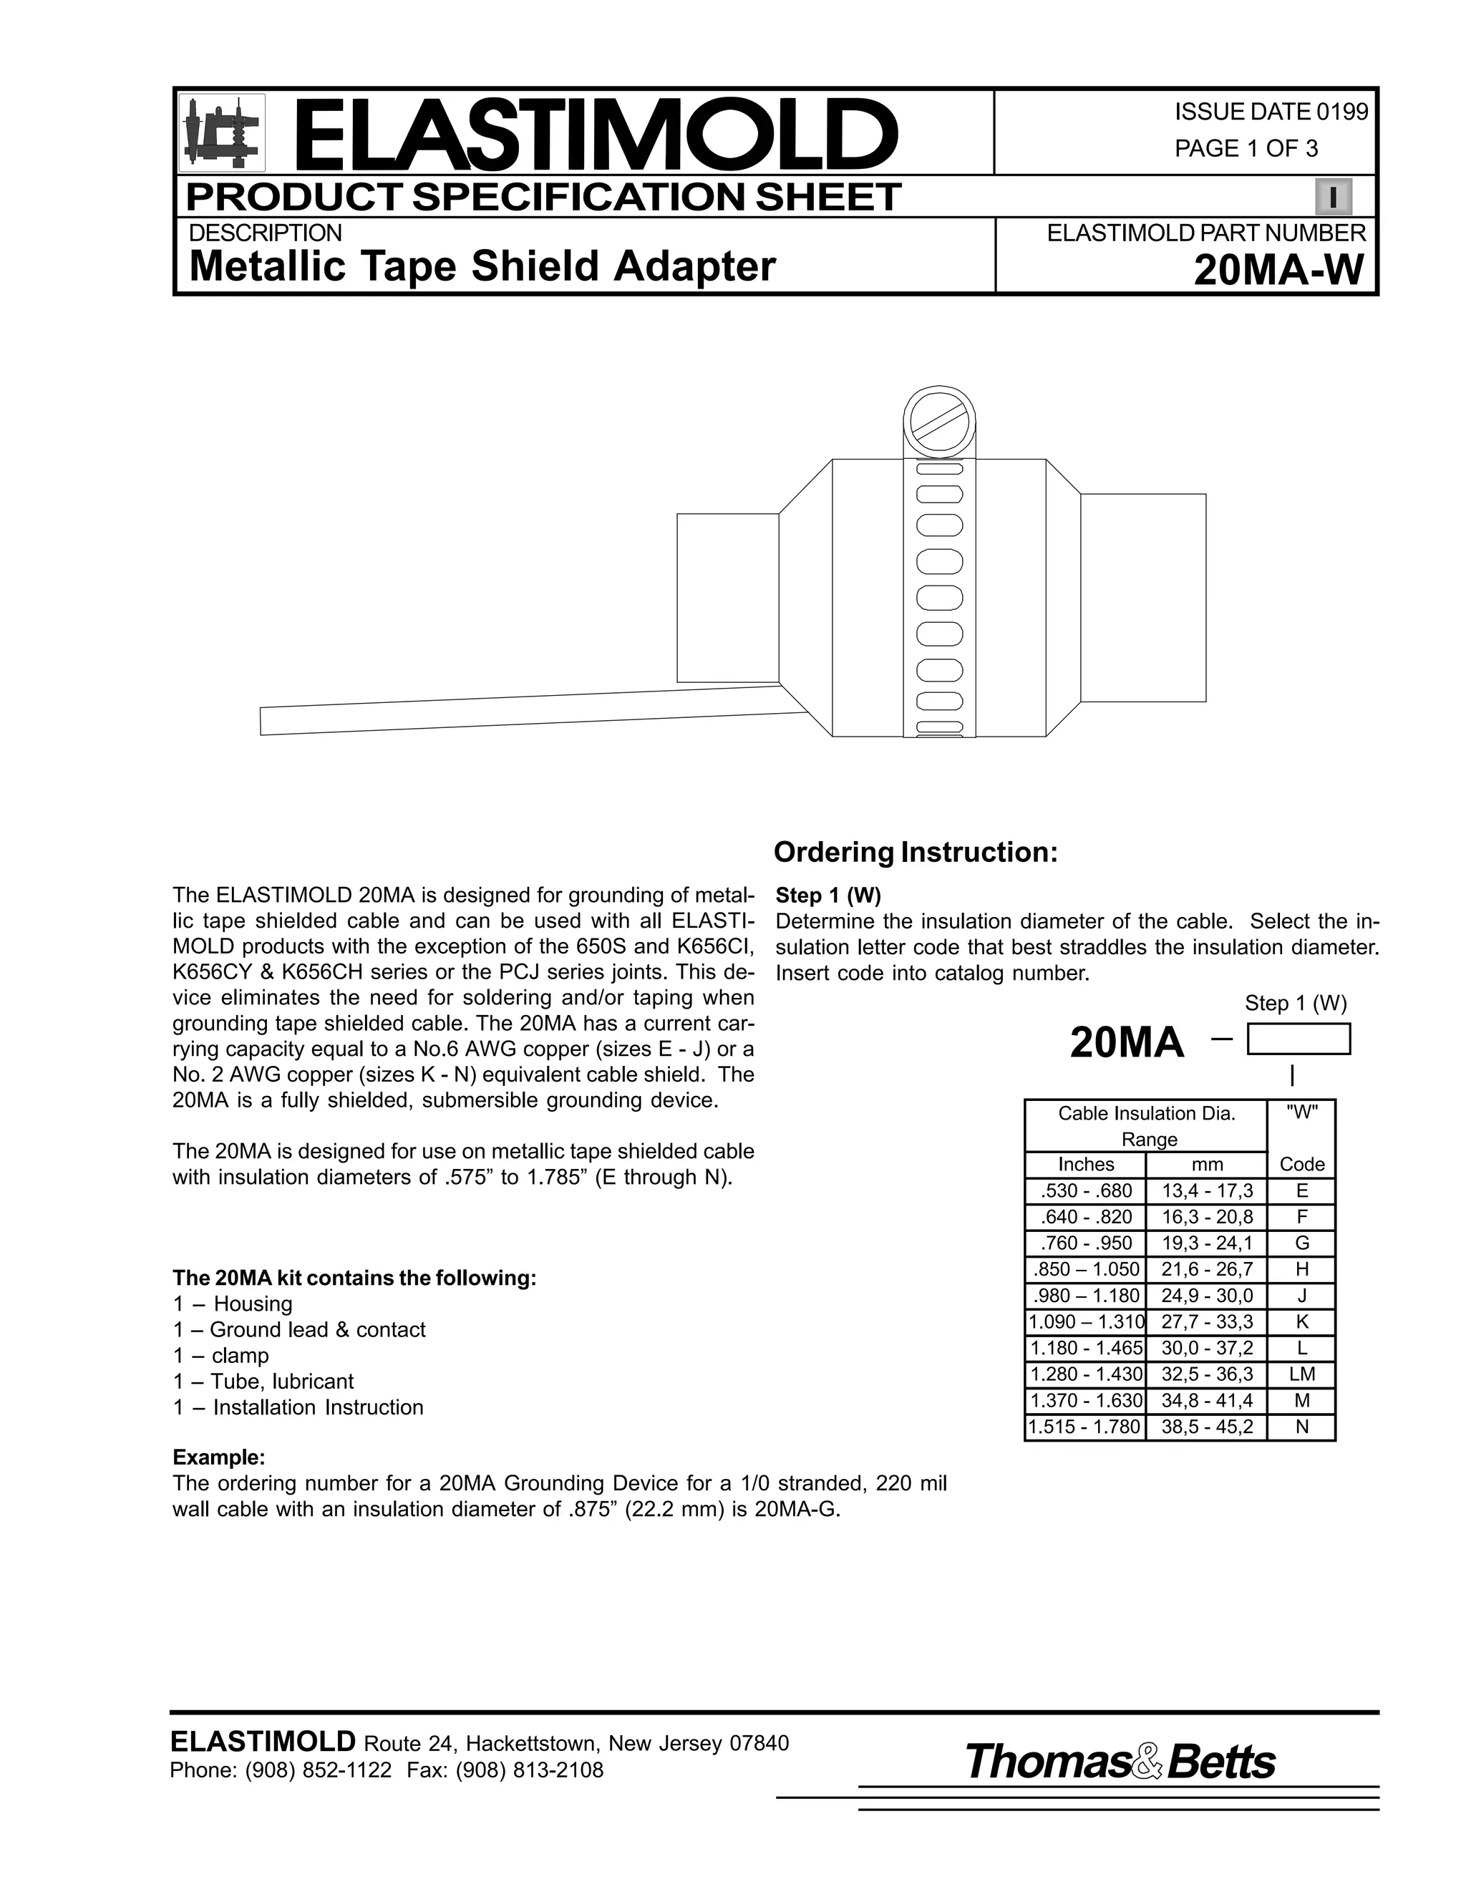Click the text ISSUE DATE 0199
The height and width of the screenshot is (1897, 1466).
(1271, 112)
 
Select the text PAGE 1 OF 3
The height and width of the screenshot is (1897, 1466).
(1246, 148)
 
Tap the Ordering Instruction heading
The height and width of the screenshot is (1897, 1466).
(916, 852)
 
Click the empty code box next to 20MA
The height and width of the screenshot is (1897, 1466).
(1298, 1039)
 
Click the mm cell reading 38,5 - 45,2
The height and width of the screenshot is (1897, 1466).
(1206, 1426)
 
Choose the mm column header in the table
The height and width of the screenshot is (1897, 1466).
(1206, 1164)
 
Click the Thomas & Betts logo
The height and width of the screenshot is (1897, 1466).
(1120, 1762)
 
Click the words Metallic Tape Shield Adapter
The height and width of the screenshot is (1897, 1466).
(482, 267)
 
